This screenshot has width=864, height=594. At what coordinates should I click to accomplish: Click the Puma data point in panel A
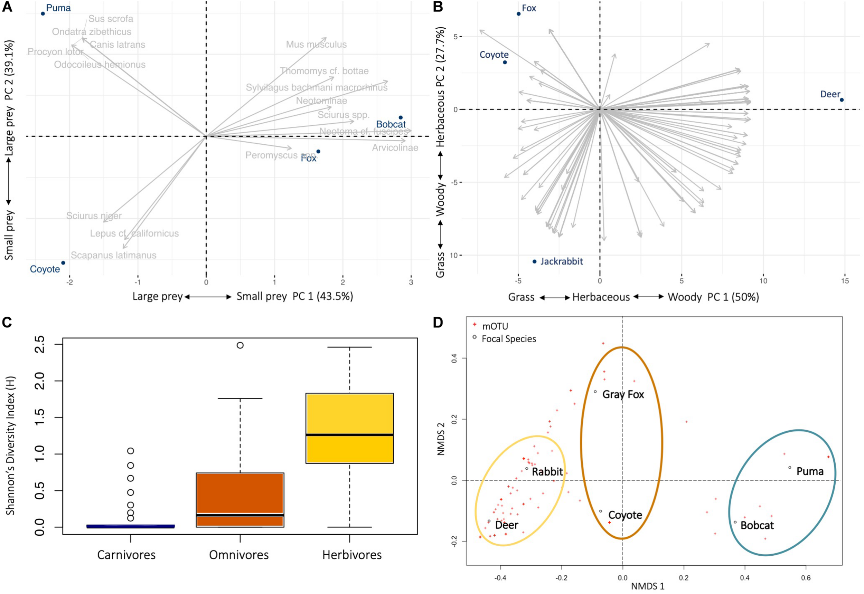tap(43, 14)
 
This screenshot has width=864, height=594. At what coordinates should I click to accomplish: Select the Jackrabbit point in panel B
tap(534, 262)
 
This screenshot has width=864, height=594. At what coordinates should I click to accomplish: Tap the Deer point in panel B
tap(842, 100)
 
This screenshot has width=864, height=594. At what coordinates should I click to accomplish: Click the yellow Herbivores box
tap(349, 428)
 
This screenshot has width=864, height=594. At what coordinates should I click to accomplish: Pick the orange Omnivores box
tap(240, 499)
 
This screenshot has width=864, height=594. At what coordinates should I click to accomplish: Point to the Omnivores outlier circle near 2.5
tap(240, 345)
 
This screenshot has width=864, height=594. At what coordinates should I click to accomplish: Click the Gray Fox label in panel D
tap(623, 394)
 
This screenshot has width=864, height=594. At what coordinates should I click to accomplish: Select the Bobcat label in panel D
tap(757, 526)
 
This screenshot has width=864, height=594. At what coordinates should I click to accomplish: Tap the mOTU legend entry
tap(495, 326)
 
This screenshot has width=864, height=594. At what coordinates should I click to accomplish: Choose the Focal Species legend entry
tap(509, 339)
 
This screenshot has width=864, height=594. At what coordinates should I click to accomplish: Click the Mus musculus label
tap(316, 45)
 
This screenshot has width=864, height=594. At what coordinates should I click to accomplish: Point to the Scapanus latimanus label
tap(114, 255)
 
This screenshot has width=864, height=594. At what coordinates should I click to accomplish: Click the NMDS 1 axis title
tap(648, 586)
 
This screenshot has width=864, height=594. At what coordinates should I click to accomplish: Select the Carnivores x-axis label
tap(126, 555)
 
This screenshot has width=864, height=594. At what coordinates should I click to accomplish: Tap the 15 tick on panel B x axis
tap(845, 281)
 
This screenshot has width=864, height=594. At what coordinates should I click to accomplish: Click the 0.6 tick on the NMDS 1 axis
tap(806, 578)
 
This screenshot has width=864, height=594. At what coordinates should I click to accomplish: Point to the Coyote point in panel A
tap(63, 263)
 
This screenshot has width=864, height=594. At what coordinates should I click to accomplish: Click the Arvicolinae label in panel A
tap(395, 148)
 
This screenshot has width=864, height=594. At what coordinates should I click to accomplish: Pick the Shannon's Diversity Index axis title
tap(10, 445)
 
